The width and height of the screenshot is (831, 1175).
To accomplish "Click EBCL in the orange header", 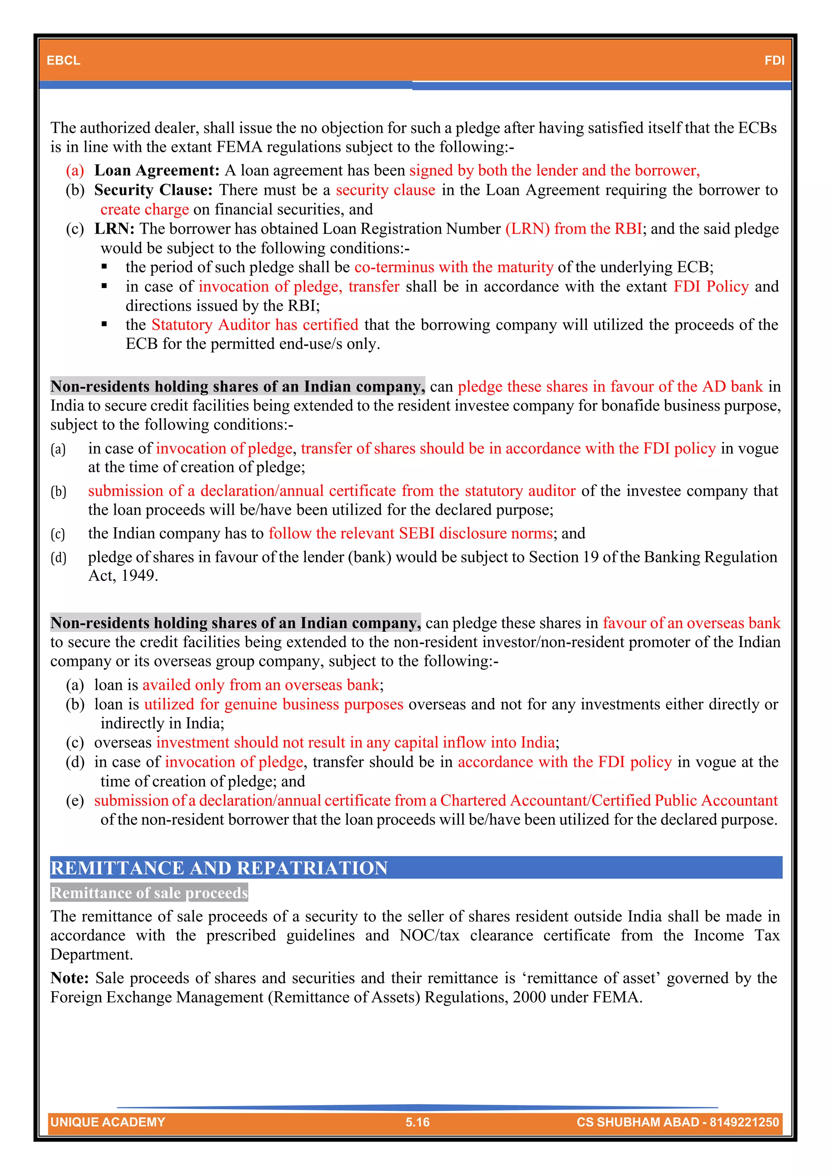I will (x=63, y=60).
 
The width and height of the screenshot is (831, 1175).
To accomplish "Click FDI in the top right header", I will (x=774, y=60).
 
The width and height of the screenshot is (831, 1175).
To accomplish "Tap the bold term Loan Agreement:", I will (x=157, y=170).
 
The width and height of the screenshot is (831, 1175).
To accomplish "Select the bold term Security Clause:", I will (x=153, y=190).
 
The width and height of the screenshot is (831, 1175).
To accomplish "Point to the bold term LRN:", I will (x=114, y=229).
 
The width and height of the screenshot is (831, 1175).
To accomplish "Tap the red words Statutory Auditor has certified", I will (x=255, y=325).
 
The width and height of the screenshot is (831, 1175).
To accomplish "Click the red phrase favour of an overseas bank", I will (x=691, y=623).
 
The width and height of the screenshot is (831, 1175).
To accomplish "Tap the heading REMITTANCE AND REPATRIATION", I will (x=219, y=868).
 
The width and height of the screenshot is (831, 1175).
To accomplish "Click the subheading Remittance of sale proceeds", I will (x=149, y=893).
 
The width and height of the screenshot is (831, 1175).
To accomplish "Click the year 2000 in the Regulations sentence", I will (x=529, y=997).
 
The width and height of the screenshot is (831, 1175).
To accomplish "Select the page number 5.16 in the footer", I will (x=417, y=1122).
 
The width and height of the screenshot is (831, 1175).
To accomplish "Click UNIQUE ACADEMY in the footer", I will (x=108, y=1122).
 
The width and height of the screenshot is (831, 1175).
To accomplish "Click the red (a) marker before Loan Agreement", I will (x=75, y=170).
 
